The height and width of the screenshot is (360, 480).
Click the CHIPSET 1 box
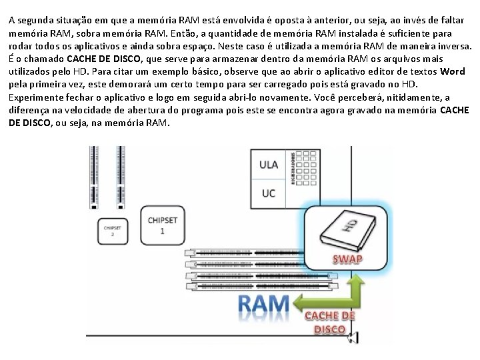pyautogui.click(x=163, y=225)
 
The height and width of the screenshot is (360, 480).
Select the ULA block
pyautogui.click(x=269, y=165)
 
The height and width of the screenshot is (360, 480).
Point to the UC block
pyautogui.click(x=269, y=193)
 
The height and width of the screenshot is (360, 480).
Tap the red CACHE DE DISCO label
pyautogui.click(x=329, y=322)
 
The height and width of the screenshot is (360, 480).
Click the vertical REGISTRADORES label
pyautogui.click(x=295, y=167)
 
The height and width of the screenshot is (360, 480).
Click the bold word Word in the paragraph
pyautogui.click(x=453, y=71)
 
